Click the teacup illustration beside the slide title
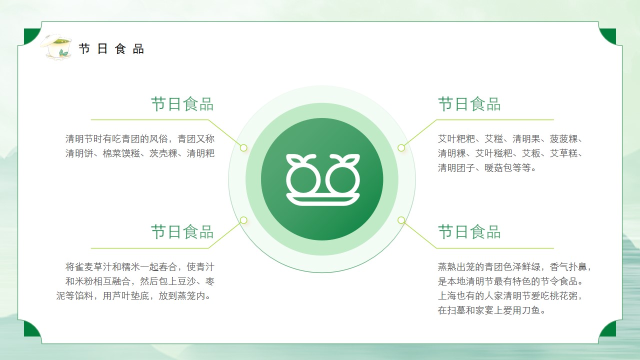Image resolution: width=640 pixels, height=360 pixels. [x=56, y=46]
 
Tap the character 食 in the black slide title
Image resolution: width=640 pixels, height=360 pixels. [x=120, y=49]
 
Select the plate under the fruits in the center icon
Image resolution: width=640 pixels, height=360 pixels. [x=323, y=199]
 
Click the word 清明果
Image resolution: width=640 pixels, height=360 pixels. [x=526, y=139]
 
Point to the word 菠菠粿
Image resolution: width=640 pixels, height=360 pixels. [x=563, y=139]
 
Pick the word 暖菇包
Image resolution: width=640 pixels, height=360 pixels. [x=498, y=167]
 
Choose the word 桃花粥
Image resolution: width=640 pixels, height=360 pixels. [x=563, y=295]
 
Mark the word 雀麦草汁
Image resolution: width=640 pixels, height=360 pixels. [x=93, y=267]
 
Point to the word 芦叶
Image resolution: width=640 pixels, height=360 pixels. [x=121, y=295]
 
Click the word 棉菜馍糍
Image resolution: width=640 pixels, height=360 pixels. [x=121, y=153]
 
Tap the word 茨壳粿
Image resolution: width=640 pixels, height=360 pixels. [x=163, y=153]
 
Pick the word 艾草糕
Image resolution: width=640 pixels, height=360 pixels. [x=563, y=153]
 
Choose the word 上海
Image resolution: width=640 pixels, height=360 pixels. [x=447, y=295]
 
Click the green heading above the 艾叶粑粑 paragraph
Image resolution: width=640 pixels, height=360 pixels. [x=469, y=104]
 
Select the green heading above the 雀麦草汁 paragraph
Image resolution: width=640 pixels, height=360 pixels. [x=182, y=231]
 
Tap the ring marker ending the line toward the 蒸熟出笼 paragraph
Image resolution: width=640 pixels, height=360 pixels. [x=401, y=220]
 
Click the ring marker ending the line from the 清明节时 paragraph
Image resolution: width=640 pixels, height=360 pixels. [x=243, y=147]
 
